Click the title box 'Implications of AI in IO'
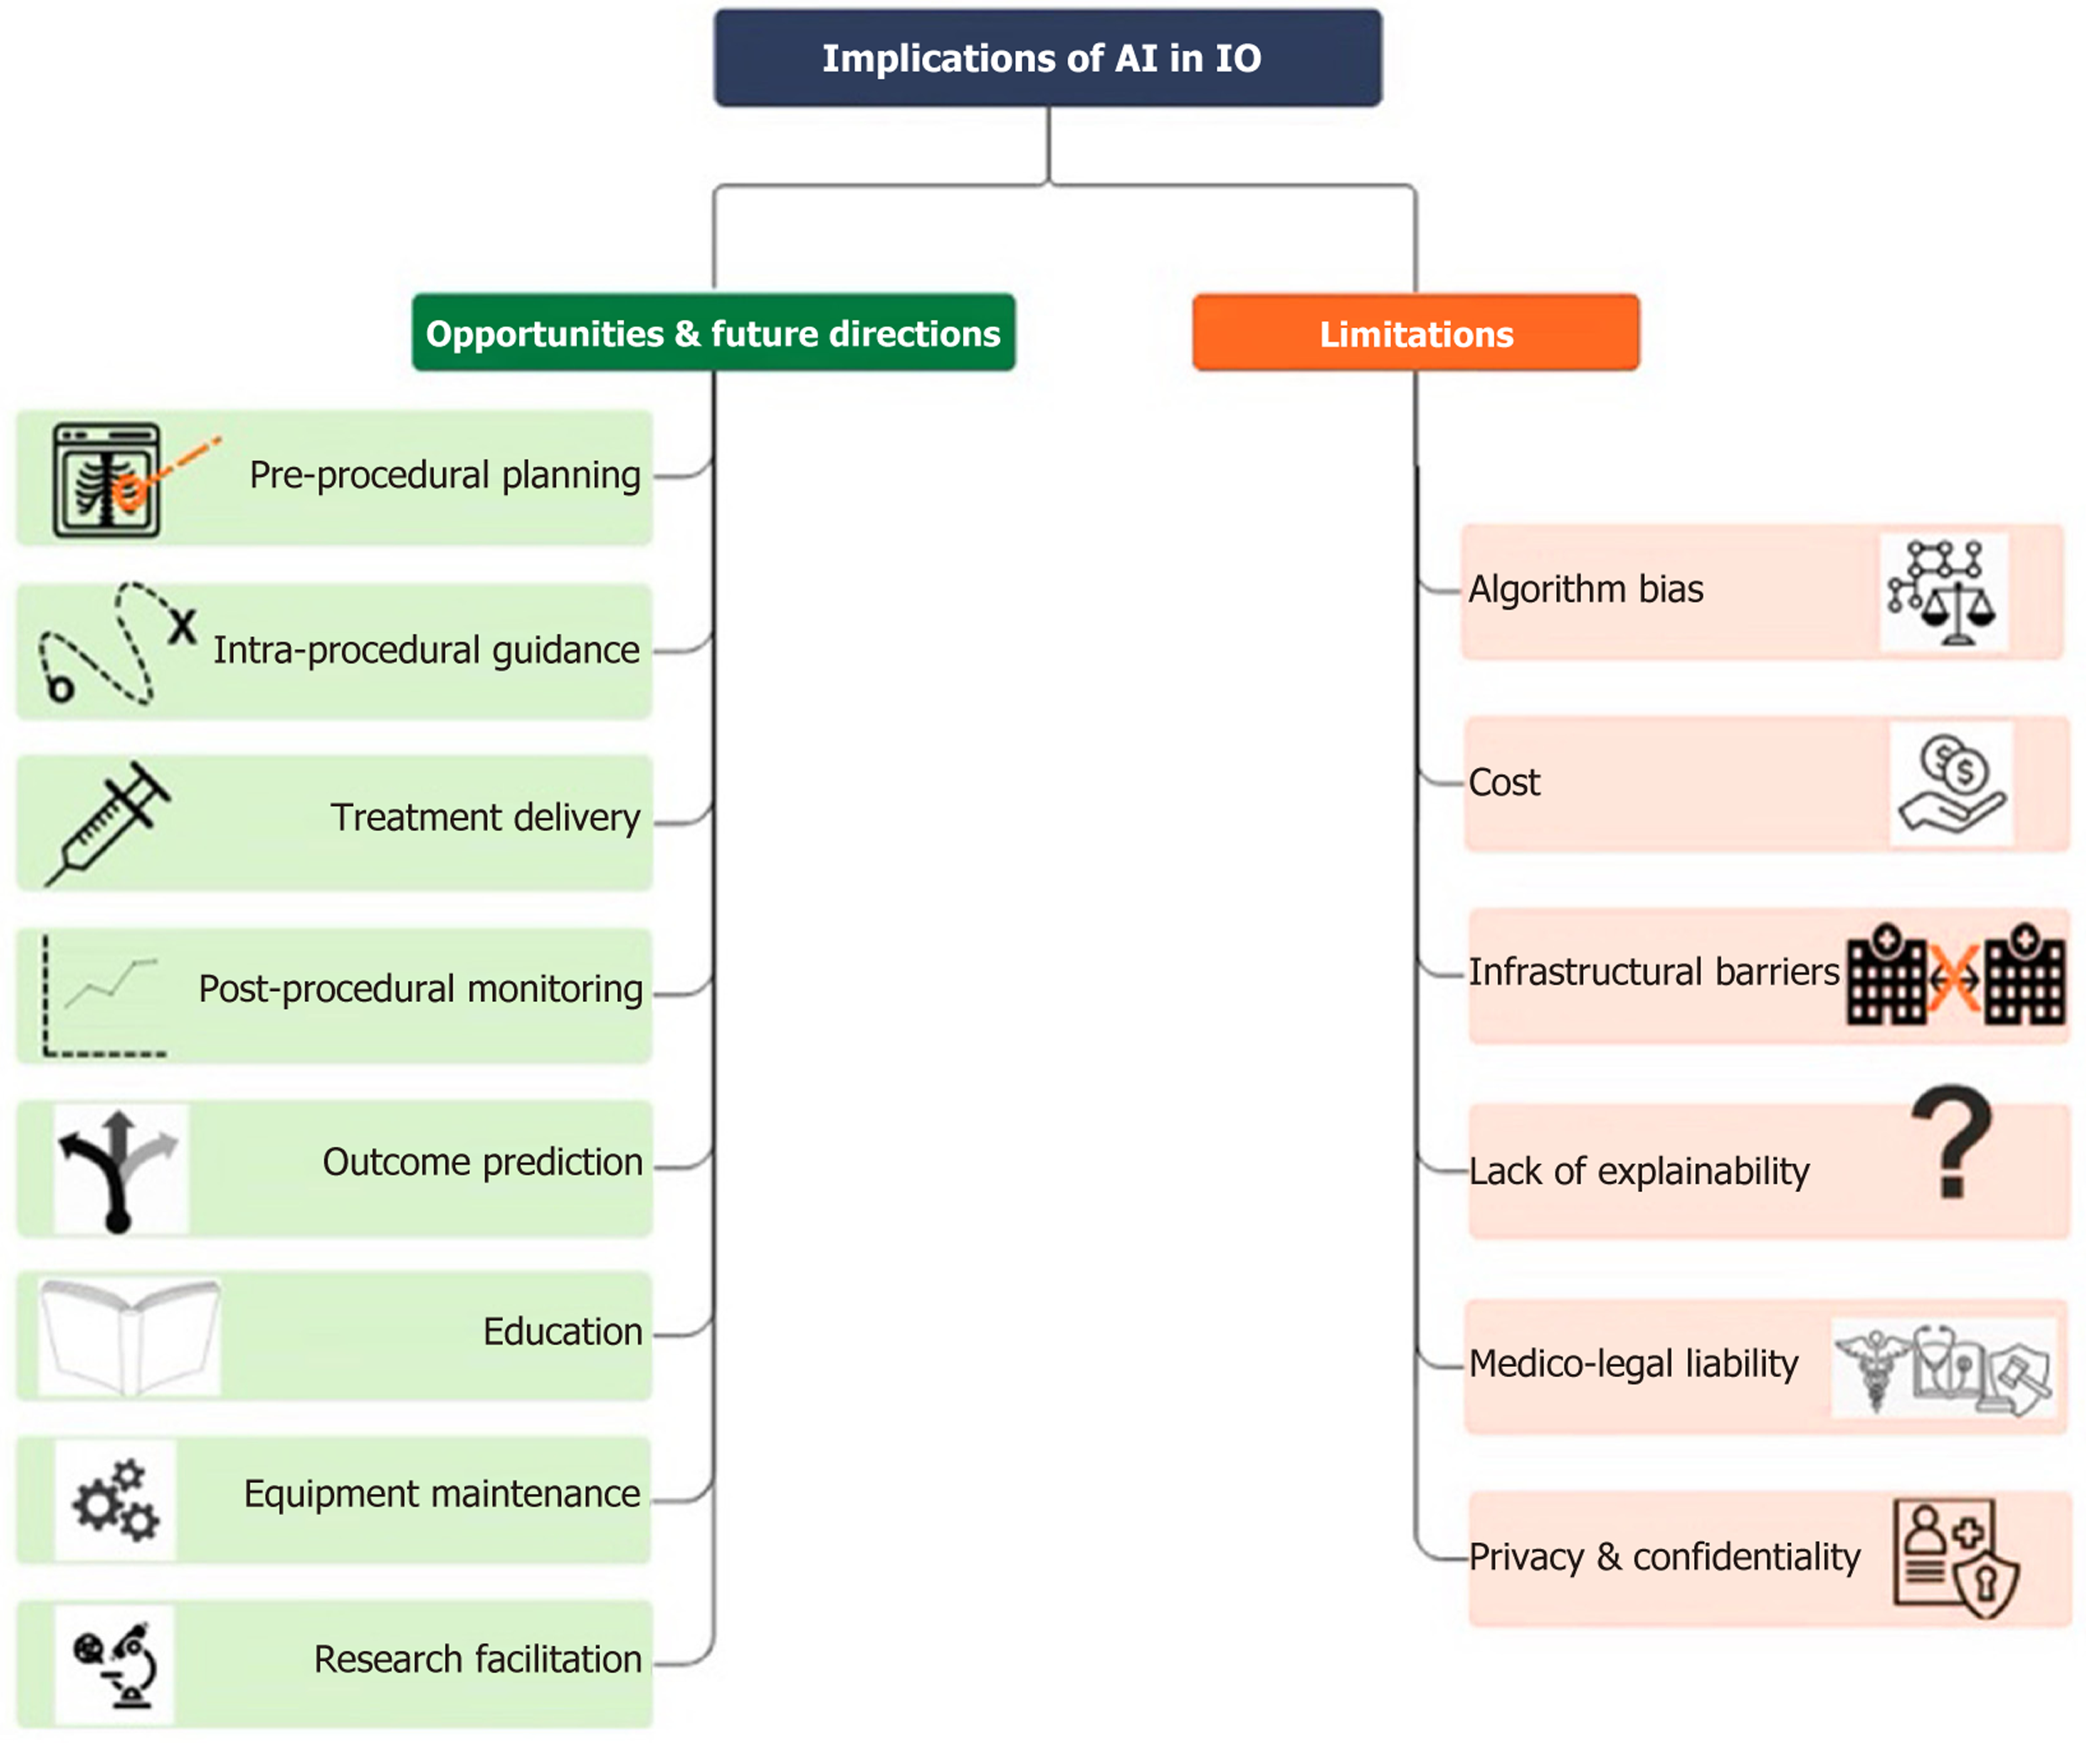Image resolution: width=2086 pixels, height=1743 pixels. pyautogui.click(x=1047, y=57)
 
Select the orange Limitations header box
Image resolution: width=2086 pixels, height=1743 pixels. pyautogui.click(x=1416, y=334)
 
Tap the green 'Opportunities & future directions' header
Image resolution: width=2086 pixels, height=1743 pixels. pyautogui.click(x=713, y=333)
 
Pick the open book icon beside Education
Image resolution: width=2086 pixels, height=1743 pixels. pyautogui.click(x=130, y=1336)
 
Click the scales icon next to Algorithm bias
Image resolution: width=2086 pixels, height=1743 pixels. pyautogui.click(x=1943, y=593)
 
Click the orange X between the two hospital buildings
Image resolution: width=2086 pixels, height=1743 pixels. pyautogui.click(x=1954, y=978)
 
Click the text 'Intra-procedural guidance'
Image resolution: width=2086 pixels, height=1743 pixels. pyautogui.click(x=426, y=650)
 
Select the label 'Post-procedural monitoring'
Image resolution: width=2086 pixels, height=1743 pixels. pyautogui.click(x=421, y=989)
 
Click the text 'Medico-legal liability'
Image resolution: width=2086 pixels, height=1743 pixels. pyautogui.click(x=1633, y=1364)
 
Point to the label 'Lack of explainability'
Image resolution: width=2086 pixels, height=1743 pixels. pyautogui.click(x=1639, y=1172)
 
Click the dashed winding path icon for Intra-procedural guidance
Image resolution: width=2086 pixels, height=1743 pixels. pyautogui.click(x=109, y=645)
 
